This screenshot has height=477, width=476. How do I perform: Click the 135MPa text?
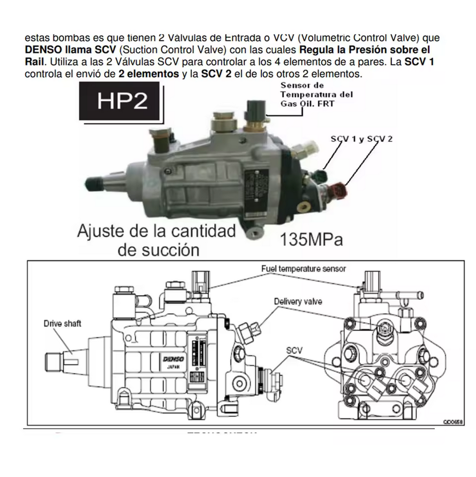pos(312,240)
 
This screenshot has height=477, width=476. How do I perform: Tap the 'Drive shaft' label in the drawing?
pos(62,323)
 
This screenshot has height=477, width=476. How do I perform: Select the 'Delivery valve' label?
pos(298,301)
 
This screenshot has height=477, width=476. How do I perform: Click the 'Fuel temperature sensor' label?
pos(303,268)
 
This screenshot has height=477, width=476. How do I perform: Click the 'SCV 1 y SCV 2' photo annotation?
pos(361,139)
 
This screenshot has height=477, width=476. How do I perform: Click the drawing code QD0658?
pos(453,421)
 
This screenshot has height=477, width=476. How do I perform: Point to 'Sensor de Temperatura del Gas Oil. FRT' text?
pos(316,95)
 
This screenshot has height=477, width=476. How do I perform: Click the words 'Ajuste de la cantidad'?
pos(157,231)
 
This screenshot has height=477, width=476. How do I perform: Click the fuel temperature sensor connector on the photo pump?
pos(255,108)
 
